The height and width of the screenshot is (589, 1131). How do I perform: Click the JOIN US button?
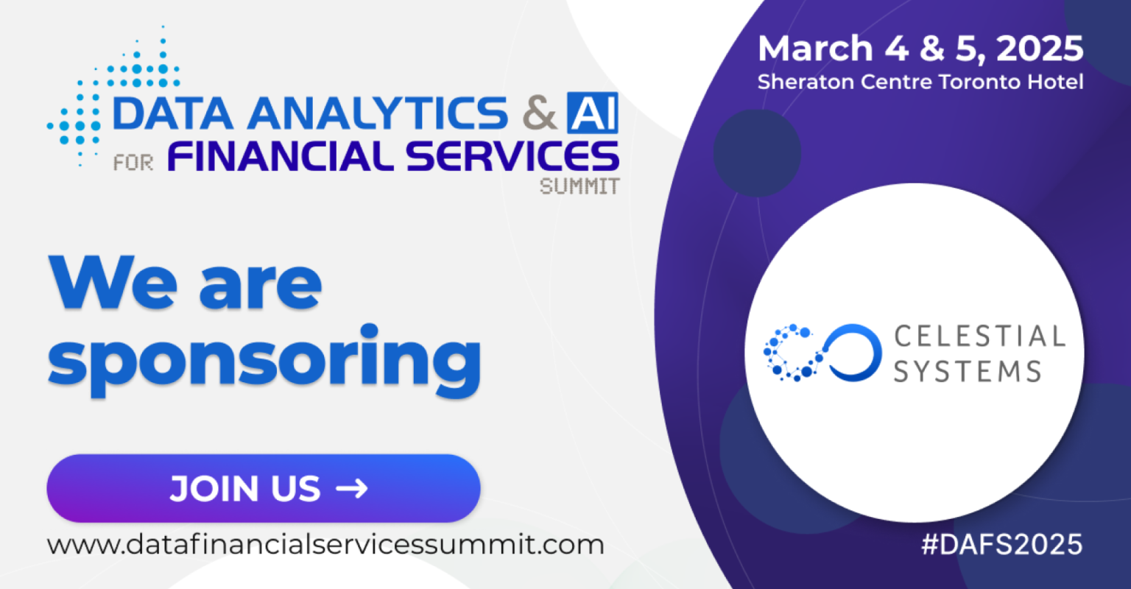263,488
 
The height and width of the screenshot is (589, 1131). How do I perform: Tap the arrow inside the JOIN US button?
353,489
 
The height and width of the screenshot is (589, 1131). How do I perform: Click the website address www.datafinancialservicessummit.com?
325,545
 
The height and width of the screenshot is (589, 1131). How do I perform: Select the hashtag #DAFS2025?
1001,544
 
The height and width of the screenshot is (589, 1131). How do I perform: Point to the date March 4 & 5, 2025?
920,49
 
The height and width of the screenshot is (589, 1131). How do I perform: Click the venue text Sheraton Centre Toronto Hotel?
920,82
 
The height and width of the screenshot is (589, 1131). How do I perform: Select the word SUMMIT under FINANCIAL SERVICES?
579,186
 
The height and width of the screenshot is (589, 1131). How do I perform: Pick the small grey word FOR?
133,163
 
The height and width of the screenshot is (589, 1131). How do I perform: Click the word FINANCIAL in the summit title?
281,156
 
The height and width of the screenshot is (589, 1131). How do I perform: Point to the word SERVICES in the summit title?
512,156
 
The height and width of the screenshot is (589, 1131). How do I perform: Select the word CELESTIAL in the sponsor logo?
979,336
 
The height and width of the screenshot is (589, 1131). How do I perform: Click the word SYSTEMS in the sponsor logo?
968,372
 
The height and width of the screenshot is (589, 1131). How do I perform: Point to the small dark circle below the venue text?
757,152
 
